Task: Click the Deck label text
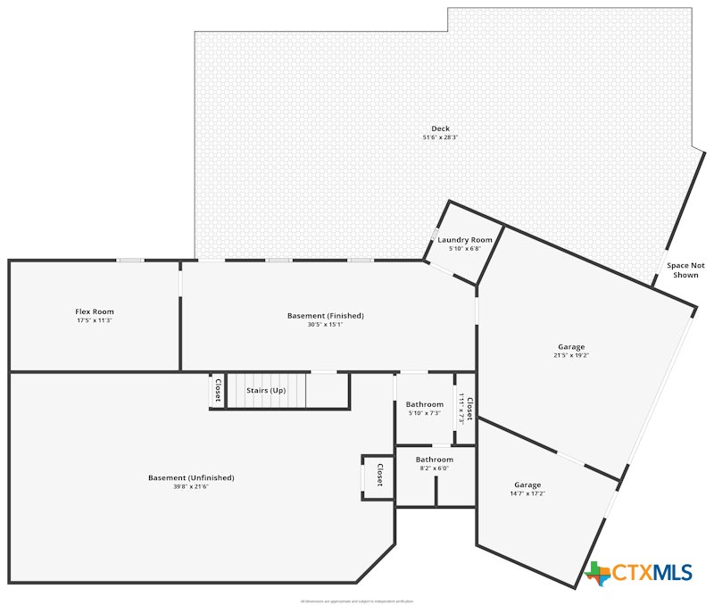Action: (x=440, y=128)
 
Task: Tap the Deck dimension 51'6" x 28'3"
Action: (x=440, y=137)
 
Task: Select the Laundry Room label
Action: (x=465, y=240)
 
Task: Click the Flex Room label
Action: (x=94, y=311)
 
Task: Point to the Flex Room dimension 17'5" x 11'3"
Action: (x=94, y=320)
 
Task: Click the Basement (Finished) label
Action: (x=325, y=316)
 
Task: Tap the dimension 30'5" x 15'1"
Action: (x=325, y=325)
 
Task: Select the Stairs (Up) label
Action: (x=266, y=390)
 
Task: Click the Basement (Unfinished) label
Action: (x=191, y=477)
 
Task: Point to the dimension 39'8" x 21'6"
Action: (x=191, y=486)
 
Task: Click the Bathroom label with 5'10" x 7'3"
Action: (x=424, y=404)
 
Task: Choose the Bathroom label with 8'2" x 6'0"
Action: (x=434, y=460)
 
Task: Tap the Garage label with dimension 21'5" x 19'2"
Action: (x=571, y=346)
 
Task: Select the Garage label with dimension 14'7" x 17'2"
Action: (x=527, y=485)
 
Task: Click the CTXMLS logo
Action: (x=638, y=573)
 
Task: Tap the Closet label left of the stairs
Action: (x=217, y=390)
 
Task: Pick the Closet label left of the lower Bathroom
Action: (x=379, y=474)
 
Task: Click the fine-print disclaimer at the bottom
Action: (x=357, y=601)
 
